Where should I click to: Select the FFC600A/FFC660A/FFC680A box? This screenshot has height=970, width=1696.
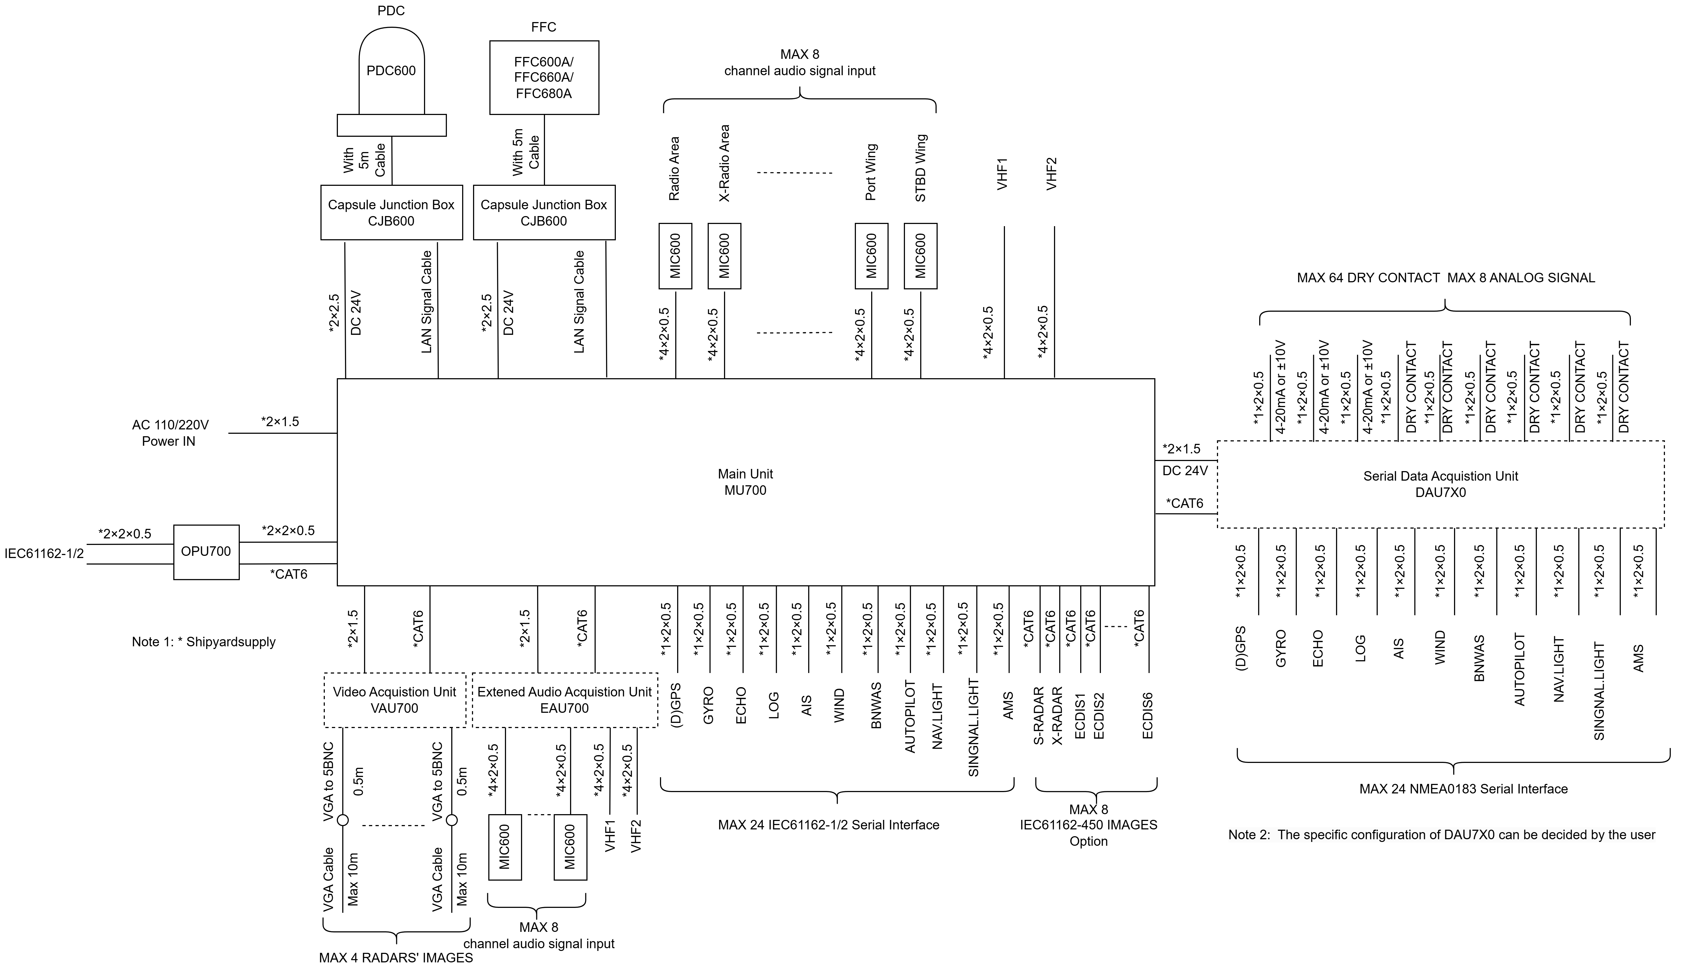point(544,77)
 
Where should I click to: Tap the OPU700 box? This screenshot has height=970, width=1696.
point(207,552)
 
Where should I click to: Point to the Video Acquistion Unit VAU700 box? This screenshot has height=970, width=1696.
point(394,700)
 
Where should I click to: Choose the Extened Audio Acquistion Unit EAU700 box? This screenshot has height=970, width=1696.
point(565,700)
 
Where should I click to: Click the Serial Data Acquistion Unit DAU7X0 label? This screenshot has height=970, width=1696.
point(1441,484)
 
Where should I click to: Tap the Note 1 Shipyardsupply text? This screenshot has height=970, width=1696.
point(204,642)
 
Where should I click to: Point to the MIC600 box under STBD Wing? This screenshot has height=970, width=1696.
point(920,256)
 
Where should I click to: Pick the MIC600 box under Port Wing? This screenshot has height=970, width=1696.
point(871,256)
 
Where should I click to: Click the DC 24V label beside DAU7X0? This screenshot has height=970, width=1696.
point(1185,471)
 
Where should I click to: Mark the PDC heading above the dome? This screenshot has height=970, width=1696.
point(391,11)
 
